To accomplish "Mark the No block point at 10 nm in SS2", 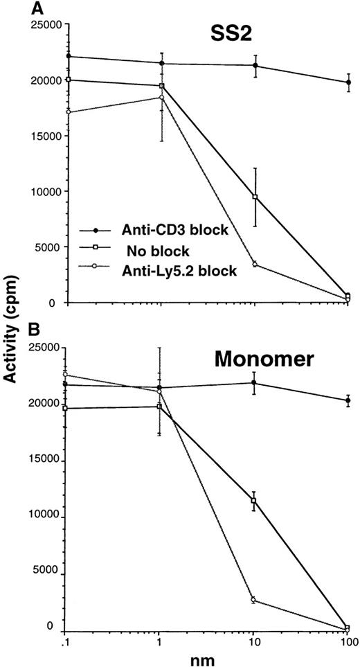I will pyautogui.click(x=255, y=197).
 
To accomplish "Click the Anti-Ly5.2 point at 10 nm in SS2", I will pyautogui.click(x=255, y=264).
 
